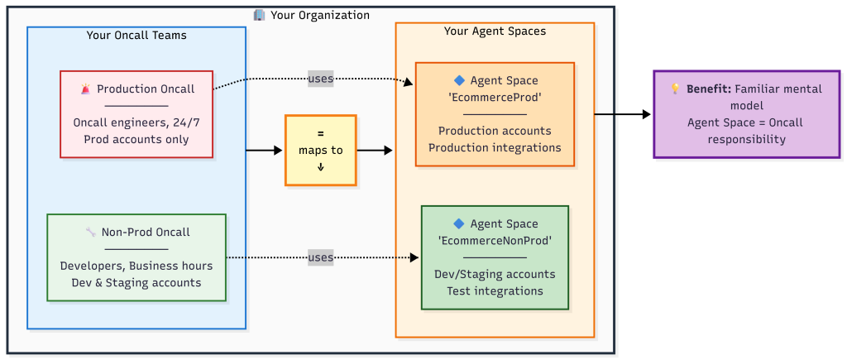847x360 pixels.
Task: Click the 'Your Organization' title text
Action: [319, 15]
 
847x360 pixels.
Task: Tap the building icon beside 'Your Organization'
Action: [259, 15]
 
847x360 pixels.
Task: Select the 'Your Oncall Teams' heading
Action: [136, 35]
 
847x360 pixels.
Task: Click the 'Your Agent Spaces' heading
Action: [495, 31]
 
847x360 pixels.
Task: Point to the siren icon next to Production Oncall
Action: [85, 89]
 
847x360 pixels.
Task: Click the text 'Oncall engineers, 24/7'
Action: [136, 122]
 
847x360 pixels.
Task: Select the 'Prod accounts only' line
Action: [136, 139]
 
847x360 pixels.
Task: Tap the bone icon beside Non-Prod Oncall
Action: [90, 233]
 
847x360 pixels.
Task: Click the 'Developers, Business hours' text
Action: [136, 266]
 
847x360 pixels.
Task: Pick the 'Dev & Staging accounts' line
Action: [136, 282]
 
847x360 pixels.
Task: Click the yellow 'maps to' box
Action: [320, 150]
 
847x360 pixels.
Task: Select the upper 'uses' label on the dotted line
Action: [320, 79]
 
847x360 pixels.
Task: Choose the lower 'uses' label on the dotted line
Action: [320, 257]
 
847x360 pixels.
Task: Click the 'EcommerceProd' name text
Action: [495, 98]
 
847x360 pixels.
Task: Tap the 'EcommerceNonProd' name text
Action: [495, 241]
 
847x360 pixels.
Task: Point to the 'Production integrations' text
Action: [495, 147]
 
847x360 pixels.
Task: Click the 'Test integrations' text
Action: [495, 290]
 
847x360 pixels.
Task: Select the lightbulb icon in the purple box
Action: [676, 89]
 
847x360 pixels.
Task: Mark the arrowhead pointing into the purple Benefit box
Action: [647, 114]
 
